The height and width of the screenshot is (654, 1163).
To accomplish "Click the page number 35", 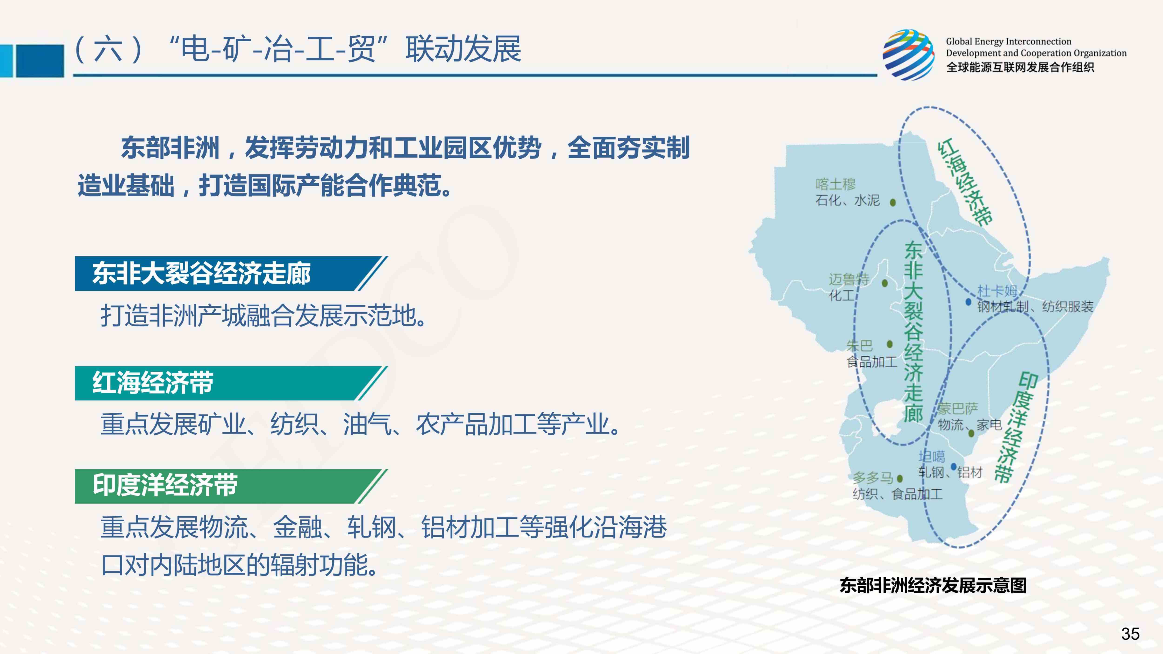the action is tap(1130, 634).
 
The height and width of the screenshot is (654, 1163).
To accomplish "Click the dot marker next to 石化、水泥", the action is tap(892, 202).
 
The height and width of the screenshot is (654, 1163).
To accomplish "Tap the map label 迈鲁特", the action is tap(849, 279).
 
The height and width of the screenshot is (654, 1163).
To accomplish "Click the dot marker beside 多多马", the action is tap(900, 478).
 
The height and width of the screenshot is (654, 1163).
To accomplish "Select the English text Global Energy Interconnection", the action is tap(1009, 42).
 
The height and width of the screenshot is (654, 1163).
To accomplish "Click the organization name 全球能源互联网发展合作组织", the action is tap(1020, 67).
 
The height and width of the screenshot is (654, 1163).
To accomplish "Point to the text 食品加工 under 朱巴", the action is tap(871, 361).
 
